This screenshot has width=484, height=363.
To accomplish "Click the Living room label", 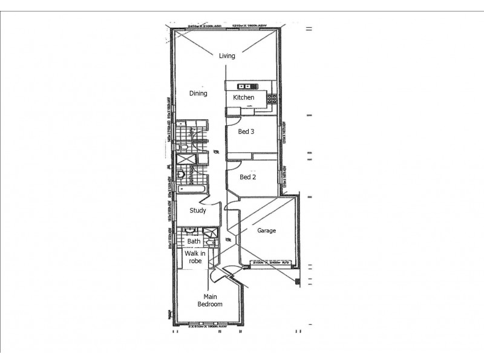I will [227, 56].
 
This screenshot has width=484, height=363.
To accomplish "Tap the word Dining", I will [198, 94].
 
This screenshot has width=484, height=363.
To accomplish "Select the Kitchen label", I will [245, 97].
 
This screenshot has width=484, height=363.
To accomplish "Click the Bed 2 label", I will [247, 177].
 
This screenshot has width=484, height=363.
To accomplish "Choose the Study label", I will [198, 211].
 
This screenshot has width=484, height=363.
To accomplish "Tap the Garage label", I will [266, 231].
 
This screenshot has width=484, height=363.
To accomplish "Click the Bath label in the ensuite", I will [194, 241].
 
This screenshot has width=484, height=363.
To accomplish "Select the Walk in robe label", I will [194, 257].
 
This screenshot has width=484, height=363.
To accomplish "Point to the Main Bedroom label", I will [210, 301].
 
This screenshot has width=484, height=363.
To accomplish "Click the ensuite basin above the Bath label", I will [190, 231].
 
